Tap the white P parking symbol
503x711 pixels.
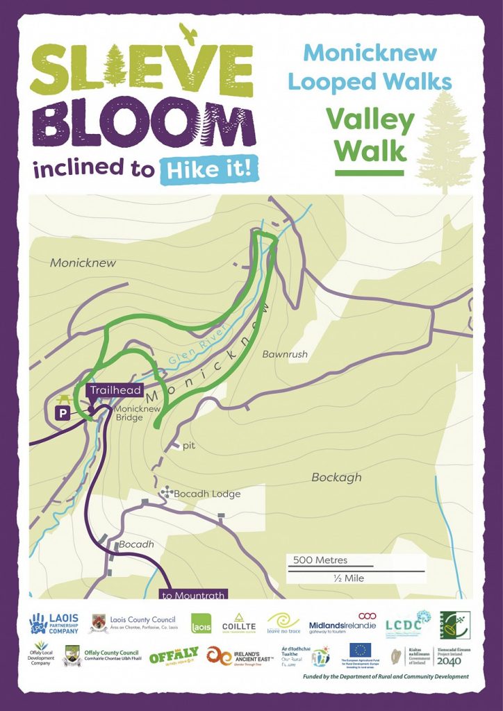pyautogui.click(x=63, y=413)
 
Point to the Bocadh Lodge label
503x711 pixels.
pyautogui.click(x=206, y=494)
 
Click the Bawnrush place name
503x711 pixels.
pyautogui.click(x=284, y=354)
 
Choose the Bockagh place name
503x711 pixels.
pyautogui.click(x=337, y=477)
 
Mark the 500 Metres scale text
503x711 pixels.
pyautogui.click(x=320, y=560)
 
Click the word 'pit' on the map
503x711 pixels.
pyautogui.click(x=188, y=446)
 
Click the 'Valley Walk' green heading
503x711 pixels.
pyautogui.click(x=370, y=135)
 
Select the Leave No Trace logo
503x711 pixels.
pyautogui.click(x=283, y=621)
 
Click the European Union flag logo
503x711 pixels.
pyautogui.click(x=360, y=651)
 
